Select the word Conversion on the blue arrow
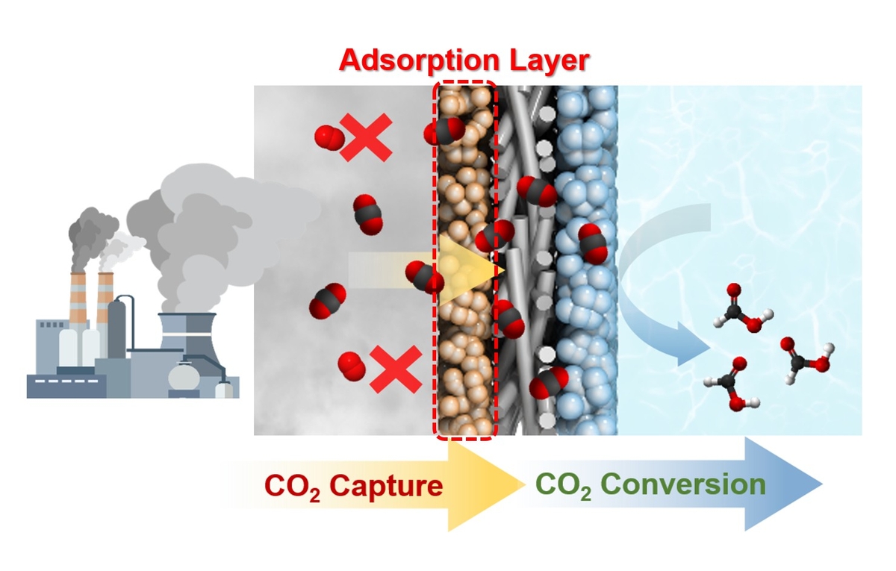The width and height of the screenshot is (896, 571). click(x=683, y=484)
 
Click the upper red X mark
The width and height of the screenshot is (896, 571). click(x=366, y=138)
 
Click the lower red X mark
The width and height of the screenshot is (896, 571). click(x=396, y=370)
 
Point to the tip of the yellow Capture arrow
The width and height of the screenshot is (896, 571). click(x=522, y=486)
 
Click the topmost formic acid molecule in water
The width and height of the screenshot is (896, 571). click(x=739, y=306)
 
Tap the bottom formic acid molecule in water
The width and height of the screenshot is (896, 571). click(x=730, y=382)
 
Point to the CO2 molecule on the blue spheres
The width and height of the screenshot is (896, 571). click(x=592, y=243)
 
